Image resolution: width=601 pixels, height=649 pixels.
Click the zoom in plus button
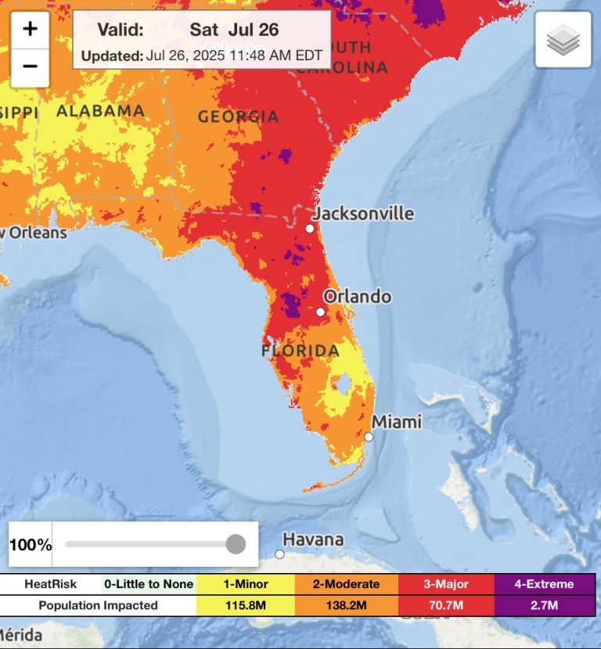pyautogui.click(x=30, y=30)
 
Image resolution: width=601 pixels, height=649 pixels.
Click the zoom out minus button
pyautogui.click(x=30, y=66)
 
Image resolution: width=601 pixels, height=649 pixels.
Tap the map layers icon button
pyautogui.click(x=562, y=40)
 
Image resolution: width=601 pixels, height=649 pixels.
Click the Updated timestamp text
pyautogui.click(x=202, y=56)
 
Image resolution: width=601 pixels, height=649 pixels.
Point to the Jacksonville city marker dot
pyautogui.click(x=310, y=229)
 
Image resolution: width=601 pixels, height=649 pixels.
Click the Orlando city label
pyautogui.click(x=357, y=297)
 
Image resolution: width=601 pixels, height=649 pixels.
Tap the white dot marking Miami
pyautogui.click(x=369, y=437)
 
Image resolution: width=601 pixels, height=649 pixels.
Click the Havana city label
pyautogui.click(x=313, y=539)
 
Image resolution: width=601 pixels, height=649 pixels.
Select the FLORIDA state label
pyautogui.click(x=300, y=351)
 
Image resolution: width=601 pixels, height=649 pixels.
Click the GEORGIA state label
pyautogui.click(x=238, y=117)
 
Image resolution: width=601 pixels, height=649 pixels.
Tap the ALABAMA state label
pyautogui.click(x=100, y=110)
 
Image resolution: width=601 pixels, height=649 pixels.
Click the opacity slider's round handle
pyautogui.click(x=236, y=544)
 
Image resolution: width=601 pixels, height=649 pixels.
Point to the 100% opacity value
pyautogui.click(x=31, y=545)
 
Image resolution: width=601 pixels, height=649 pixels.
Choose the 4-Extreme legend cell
pyautogui.click(x=544, y=584)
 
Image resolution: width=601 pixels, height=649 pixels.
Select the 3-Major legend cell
pyautogui.click(x=446, y=584)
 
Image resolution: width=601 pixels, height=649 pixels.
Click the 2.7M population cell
pyautogui.click(x=544, y=605)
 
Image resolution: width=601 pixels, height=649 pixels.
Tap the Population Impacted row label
pyautogui.click(x=98, y=605)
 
